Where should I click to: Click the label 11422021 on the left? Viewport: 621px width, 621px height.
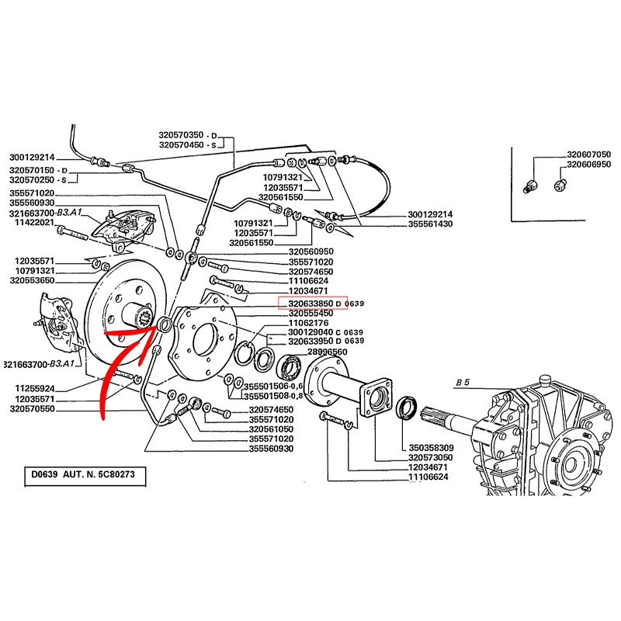pyautogui.click(x=32, y=222)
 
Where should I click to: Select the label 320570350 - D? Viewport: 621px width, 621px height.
pyautogui.click(x=191, y=134)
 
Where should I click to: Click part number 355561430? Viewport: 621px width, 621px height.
pyautogui.click(x=430, y=224)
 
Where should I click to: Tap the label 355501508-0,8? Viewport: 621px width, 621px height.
pyautogui.click(x=272, y=396)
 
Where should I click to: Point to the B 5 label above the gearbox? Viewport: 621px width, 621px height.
pyautogui.click(x=465, y=383)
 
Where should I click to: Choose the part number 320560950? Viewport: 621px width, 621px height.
pyautogui.click(x=310, y=252)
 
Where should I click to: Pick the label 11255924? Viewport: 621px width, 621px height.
pyautogui.click(x=32, y=387)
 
